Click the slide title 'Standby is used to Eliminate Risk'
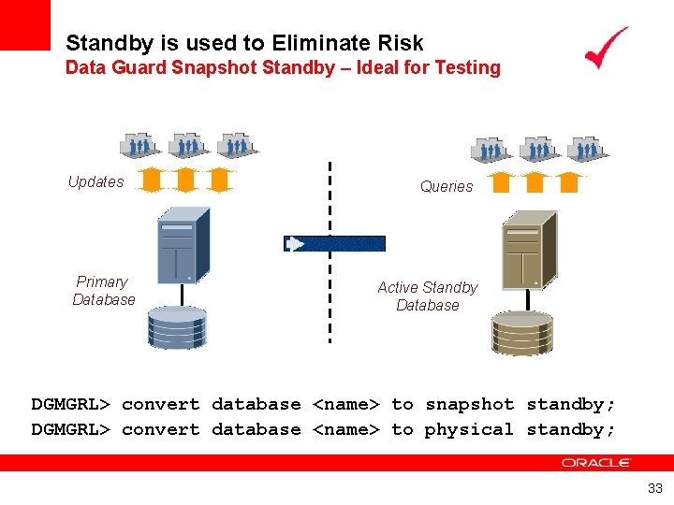pyautogui.click(x=244, y=43)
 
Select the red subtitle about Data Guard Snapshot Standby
pyautogui.click(x=283, y=67)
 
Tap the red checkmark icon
pyautogui.click(x=606, y=48)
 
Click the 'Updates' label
pyautogui.click(x=95, y=181)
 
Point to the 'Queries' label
pyautogui.click(x=447, y=186)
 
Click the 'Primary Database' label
pyautogui.click(x=103, y=290)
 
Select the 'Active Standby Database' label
pyautogui.click(x=427, y=296)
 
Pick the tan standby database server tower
pyautogui.click(x=529, y=250)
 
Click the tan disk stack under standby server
pyautogui.click(x=522, y=332)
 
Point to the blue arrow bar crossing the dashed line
pyautogui.click(x=334, y=244)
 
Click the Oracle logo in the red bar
pyautogui.click(x=596, y=463)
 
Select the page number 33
pyautogui.click(x=654, y=487)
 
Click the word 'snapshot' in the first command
pyautogui.click(x=470, y=404)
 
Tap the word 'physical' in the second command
pyautogui.click(x=469, y=429)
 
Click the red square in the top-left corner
pyautogui.click(x=24, y=24)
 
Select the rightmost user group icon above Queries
pyautogui.click(x=586, y=149)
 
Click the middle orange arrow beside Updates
pyautogui.click(x=185, y=179)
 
